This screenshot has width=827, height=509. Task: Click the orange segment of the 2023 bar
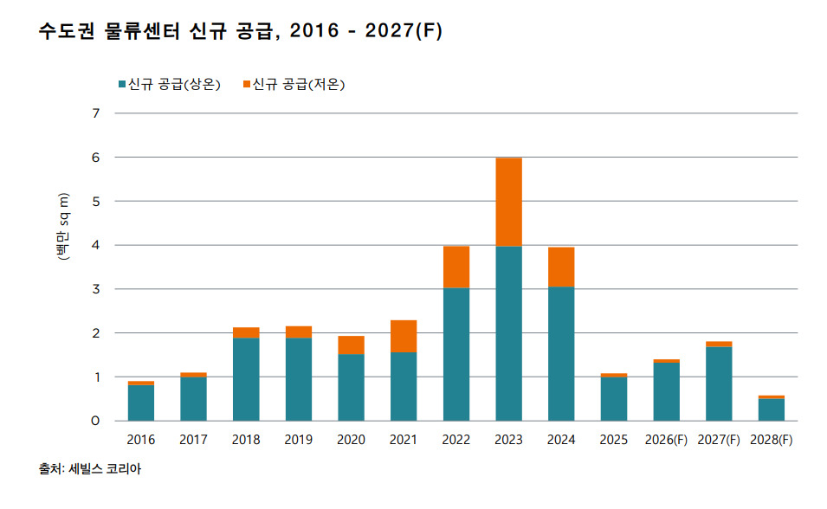[508, 202]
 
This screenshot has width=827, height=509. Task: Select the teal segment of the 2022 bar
[455, 354]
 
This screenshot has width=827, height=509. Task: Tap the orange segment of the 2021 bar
[404, 336]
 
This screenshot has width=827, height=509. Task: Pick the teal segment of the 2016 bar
[141, 403]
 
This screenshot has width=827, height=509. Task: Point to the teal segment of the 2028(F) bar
[771, 409]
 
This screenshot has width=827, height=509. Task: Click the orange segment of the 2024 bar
[561, 267]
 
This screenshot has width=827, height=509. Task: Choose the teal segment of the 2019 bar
[299, 379]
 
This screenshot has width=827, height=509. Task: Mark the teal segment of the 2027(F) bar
[719, 383]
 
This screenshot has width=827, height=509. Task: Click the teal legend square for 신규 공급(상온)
[122, 84]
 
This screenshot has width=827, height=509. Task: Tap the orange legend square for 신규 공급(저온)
[247, 84]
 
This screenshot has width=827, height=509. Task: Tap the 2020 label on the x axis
[351, 440]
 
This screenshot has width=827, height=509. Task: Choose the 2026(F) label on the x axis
[666, 440]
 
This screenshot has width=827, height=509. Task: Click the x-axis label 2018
[246, 440]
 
